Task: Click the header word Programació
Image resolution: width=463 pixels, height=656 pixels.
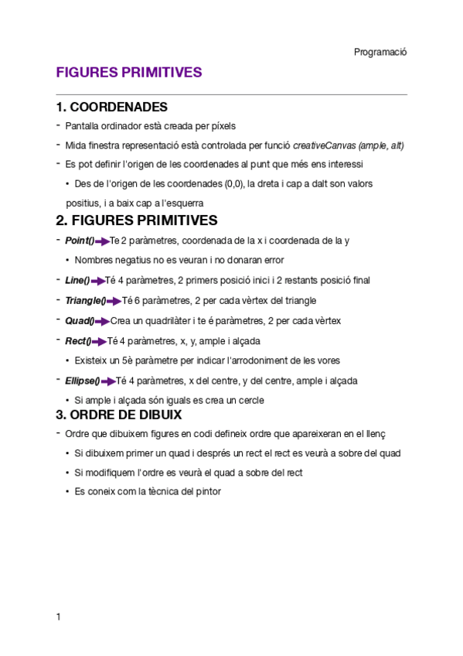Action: (x=380, y=52)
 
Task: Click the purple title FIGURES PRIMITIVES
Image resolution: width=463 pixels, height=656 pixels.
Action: (x=129, y=73)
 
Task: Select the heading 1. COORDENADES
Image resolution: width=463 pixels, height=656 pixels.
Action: (x=112, y=107)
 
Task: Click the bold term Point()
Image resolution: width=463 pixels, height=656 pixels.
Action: (x=80, y=241)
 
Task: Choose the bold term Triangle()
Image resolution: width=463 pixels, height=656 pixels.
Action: (x=85, y=300)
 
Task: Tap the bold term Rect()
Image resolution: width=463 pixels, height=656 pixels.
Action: (x=78, y=340)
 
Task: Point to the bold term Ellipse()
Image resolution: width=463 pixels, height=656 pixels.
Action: (x=83, y=381)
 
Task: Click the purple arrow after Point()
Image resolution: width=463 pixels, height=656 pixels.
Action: (x=101, y=241)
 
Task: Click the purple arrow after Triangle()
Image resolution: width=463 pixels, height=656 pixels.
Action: (x=114, y=301)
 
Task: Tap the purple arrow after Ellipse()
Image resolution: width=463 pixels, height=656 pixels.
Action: (x=108, y=381)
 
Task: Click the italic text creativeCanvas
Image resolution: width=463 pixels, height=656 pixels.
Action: (x=329, y=145)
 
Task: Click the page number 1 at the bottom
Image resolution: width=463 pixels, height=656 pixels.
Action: (x=58, y=617)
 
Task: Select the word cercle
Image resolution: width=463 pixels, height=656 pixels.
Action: (x=250, y=401)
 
